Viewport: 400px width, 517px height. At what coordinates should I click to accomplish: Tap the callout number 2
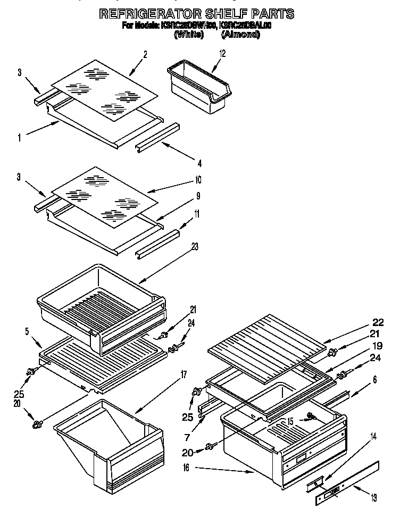click(145, 54)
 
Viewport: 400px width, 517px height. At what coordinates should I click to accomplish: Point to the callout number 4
click(199, 163)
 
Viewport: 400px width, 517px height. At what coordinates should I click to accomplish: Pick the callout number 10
click(198, 179)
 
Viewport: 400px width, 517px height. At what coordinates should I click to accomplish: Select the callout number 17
click(183, 374)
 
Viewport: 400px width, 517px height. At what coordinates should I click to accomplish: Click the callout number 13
click(374, 497)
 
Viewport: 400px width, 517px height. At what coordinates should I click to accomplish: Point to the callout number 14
click(373, 437)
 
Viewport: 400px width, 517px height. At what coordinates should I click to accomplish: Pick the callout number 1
click(19, 138)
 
